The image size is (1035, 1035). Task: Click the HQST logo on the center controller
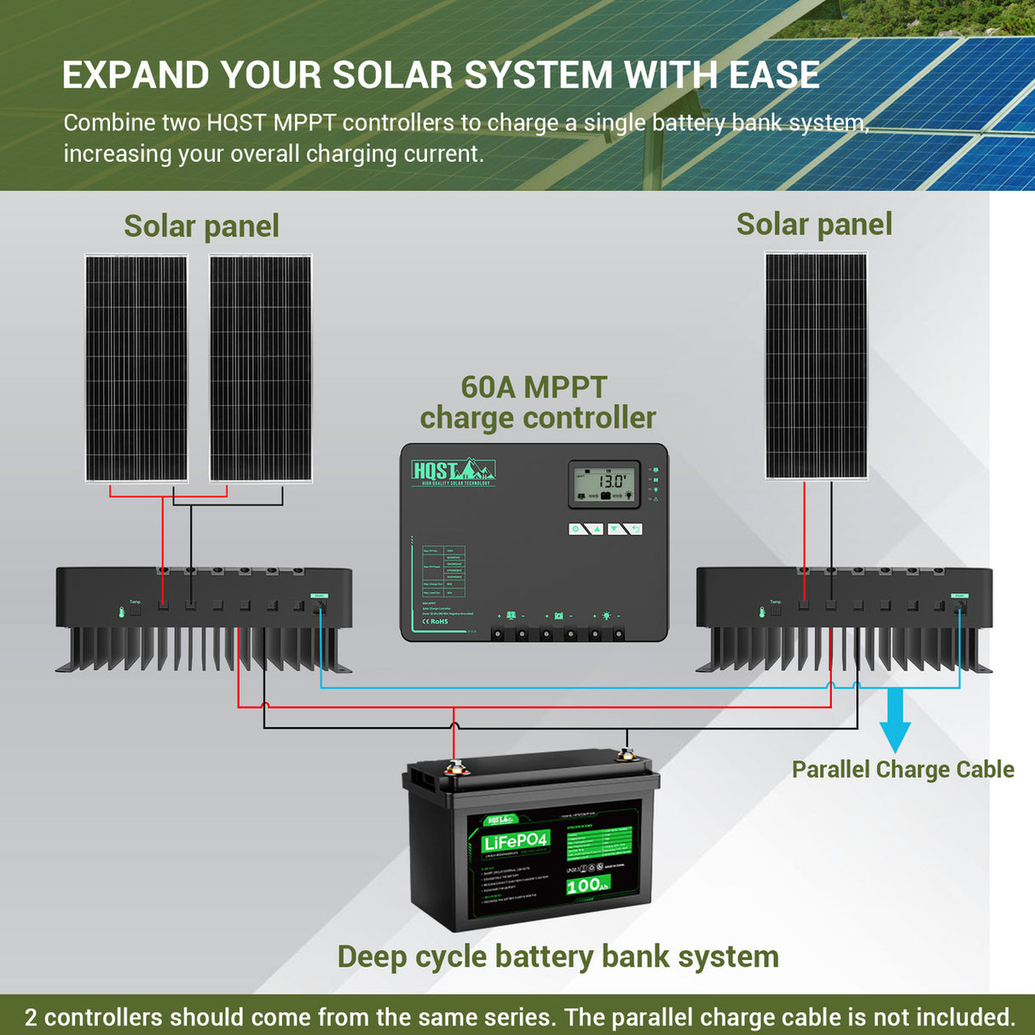point(453,471)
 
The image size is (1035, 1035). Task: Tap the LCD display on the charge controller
point(604,484)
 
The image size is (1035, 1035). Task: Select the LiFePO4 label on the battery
point(515,842)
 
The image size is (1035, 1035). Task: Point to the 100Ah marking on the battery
point(587,885)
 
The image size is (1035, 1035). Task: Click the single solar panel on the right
point(816,366)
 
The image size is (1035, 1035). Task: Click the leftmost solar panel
point(136,368)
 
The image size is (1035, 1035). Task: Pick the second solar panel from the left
point(260,368)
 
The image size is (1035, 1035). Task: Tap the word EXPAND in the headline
point(136,75)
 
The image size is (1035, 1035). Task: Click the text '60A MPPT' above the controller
point(534,387)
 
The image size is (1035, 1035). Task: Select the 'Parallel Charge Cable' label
point(903,770)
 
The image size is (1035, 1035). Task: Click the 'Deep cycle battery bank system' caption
point(558,957)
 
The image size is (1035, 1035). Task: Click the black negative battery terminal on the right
point(627,754)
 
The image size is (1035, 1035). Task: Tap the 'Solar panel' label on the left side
point(201,227)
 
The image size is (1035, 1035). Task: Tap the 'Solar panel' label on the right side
point(814,224)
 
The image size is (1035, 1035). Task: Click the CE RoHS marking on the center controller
point(435,622)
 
